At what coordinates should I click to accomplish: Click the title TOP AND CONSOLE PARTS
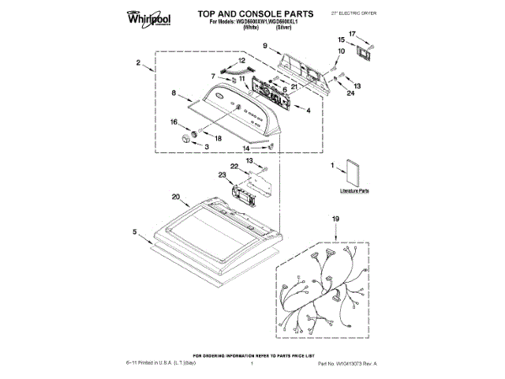coord(250,14)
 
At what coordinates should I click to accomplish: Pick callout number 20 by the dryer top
coord(175,197)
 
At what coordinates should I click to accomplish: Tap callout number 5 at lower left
coord(135,231)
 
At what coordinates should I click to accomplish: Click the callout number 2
coord(138,62)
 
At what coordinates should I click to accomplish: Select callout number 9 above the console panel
coord(267,47)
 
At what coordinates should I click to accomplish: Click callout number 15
coord(341,39)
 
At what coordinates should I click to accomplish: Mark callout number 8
coord(174,94)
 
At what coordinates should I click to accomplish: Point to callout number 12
coord(241,60)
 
